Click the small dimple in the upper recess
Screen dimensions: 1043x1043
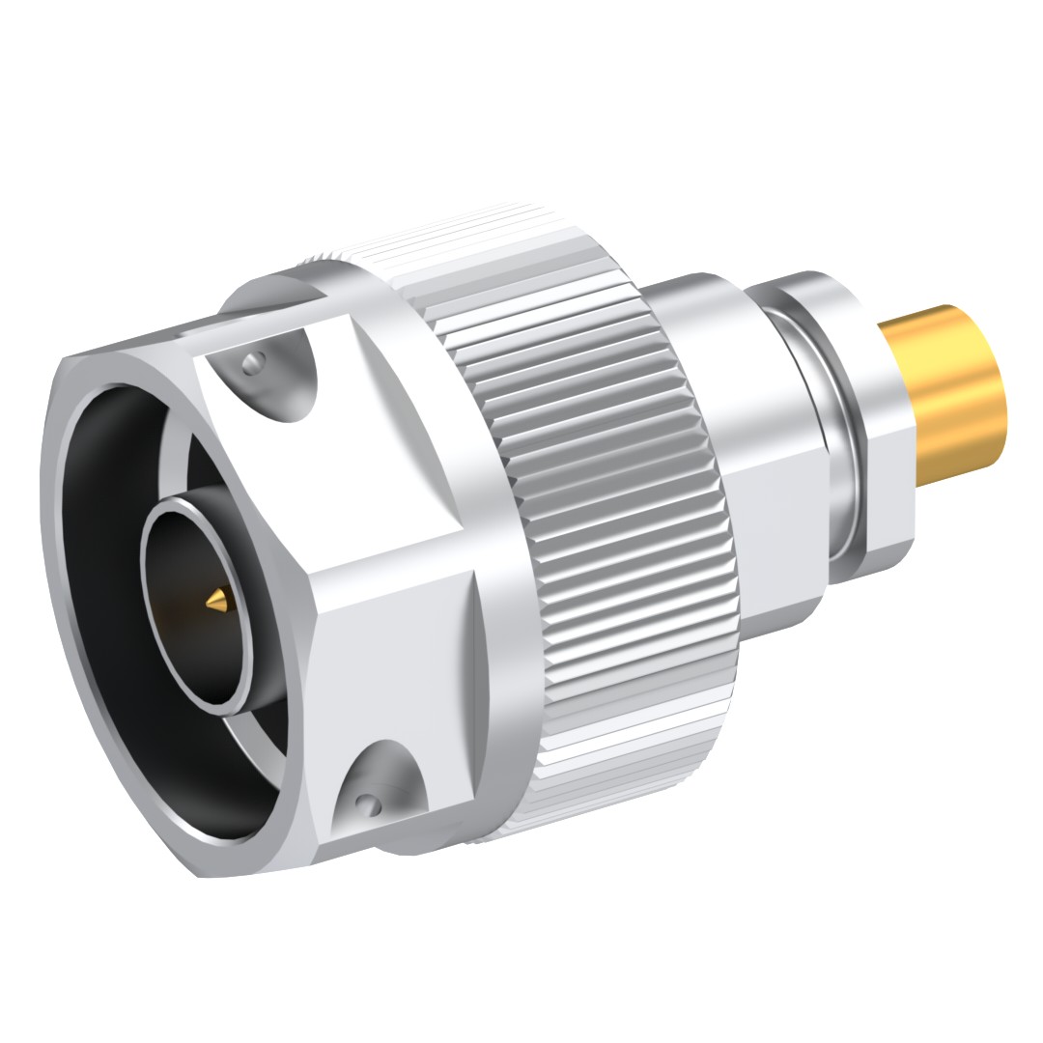pos(253,362)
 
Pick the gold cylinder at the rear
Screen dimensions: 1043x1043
pos(951,396)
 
